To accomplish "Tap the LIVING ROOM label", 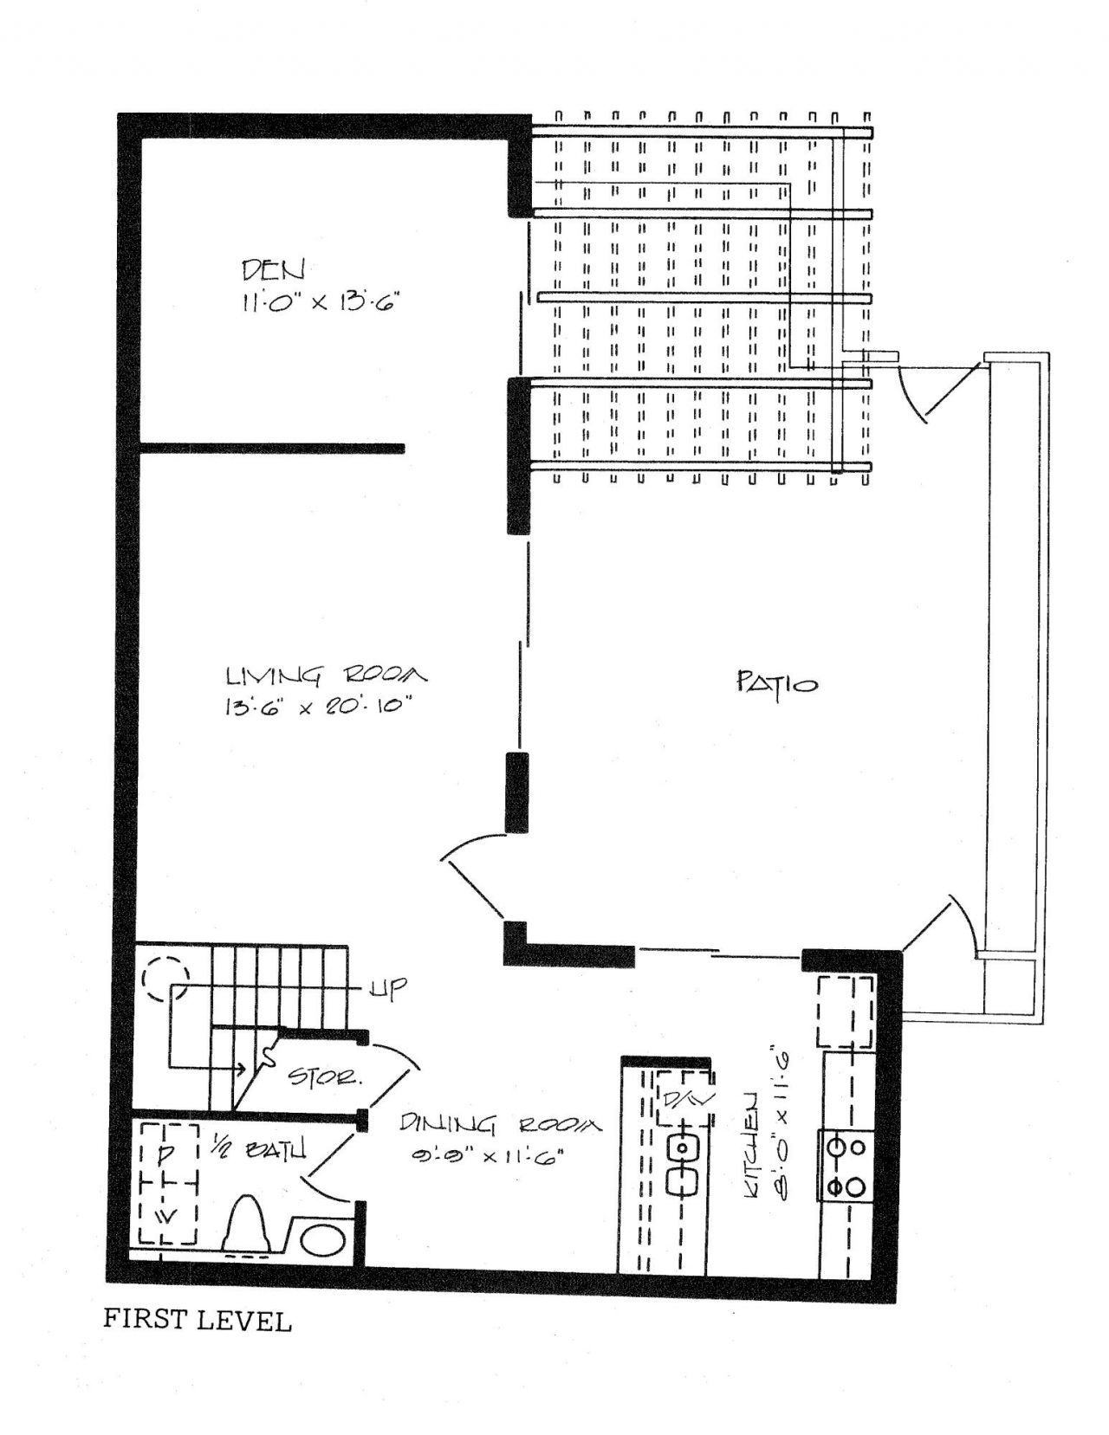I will click(327, 675).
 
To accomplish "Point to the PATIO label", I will click(778, 684).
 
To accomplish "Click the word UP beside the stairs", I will click(387, 989).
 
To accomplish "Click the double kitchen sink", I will click(684, 1164).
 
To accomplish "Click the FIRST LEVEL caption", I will click(197, 1321).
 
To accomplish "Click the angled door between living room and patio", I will click(472, 885).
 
